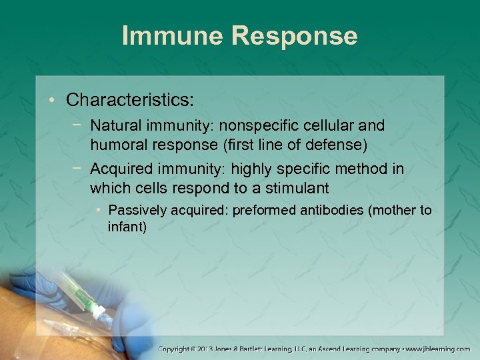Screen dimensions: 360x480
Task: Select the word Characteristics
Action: pos(129,101)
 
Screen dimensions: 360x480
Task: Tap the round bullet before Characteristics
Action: pos(53,101)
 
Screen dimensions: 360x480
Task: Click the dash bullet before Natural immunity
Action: pos(79,125)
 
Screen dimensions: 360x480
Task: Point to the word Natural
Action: pos(114,125)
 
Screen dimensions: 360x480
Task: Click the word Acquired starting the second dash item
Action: pos(119,169)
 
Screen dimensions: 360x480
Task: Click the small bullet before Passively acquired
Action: pos(99,211)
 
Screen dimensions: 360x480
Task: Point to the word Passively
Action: pos(136,211)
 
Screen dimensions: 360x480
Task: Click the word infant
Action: pos(127,227)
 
